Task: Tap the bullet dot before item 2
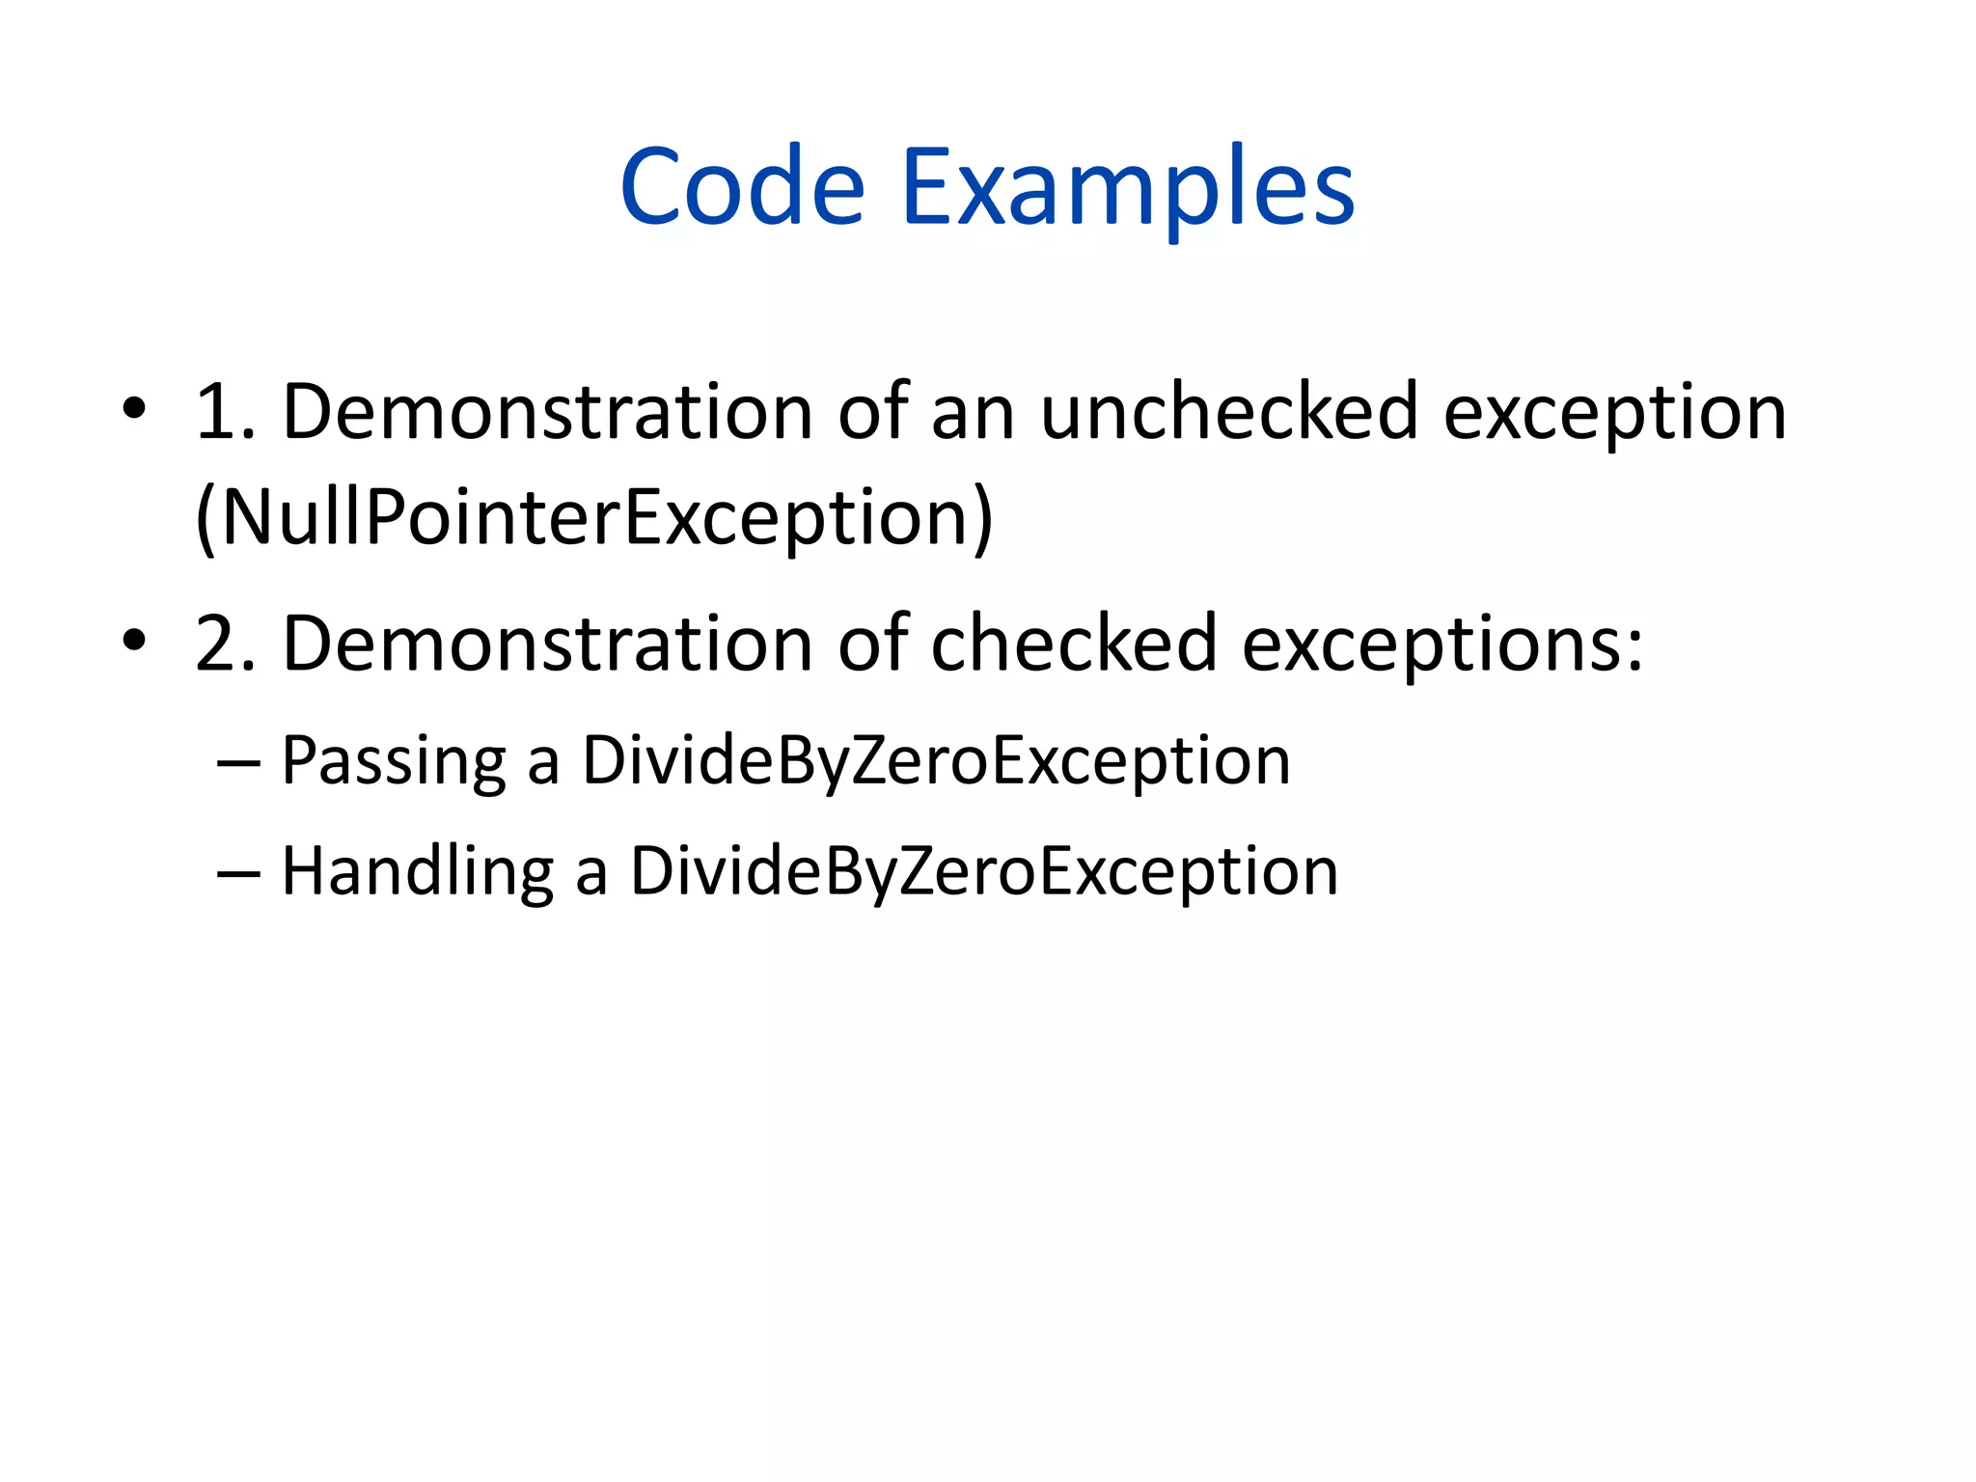tap(134, 641)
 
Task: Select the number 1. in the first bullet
tap(225, 413)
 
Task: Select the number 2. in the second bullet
tap(225, 645)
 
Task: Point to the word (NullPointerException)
tap(593, 519)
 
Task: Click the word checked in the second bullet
tap(1073, 645)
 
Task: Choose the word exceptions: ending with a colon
tap(1441, 645)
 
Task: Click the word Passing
tap(393, 762)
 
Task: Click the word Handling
tap(417, 872)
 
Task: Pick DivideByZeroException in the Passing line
tap(936, 762)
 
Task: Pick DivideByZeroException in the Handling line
tap(984, 872)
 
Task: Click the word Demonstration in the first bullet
tap(547, 413)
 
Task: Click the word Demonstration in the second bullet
tap(547, 645)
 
